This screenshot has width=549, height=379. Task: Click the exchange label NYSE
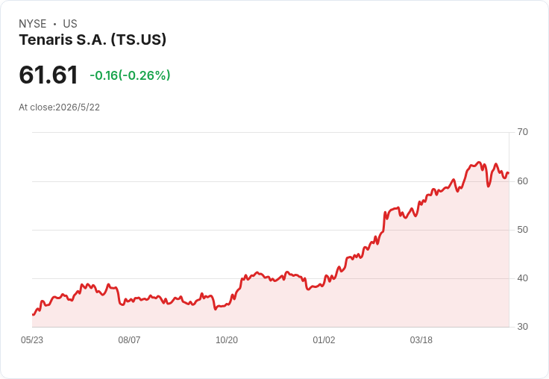(33, 24)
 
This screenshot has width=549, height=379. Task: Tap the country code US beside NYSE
(70, 24)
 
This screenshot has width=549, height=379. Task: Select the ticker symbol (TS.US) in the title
(139, 40)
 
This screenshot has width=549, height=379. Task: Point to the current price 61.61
(48, 75)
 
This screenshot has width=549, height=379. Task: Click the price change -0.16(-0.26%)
(130, 75)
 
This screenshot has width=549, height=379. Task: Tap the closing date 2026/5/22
(78, 107)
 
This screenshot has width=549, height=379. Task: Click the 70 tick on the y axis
(522, 132)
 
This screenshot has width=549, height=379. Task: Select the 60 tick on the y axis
(522, 181)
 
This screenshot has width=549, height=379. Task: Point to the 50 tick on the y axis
(522, 230)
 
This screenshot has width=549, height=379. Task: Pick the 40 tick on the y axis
(522, 278)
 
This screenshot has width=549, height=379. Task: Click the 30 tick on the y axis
(522, 327)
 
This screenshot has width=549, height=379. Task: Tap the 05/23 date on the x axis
(32, 340)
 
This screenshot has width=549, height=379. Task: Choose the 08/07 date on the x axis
(129, 340)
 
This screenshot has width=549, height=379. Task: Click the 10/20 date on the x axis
(227, 340)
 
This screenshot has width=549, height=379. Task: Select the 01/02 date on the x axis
(324, 340)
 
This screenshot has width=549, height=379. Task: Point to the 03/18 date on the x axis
(421, 340)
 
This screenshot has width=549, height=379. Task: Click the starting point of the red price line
(33, 315)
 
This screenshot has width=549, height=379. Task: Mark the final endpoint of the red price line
(509, 172)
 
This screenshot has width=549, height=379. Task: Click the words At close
(36, 107)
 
